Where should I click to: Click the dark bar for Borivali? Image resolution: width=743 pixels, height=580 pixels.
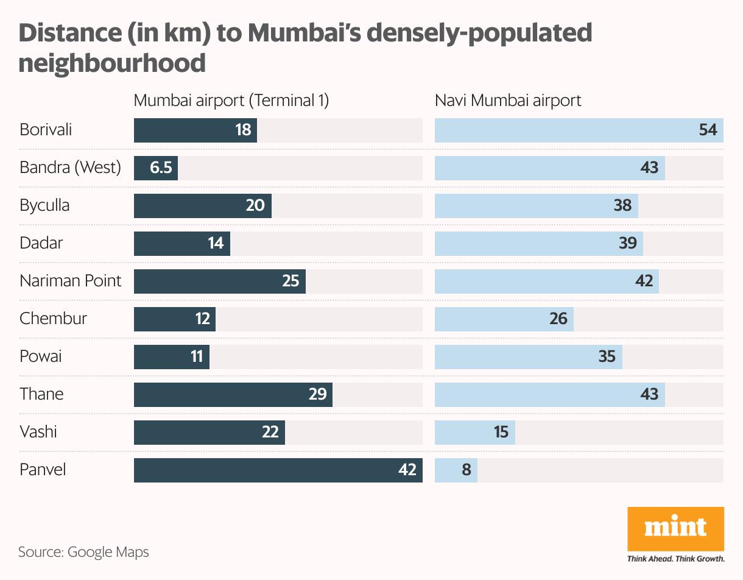tap(195, 130)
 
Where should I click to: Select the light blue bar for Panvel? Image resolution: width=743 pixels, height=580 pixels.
tap(456, 470)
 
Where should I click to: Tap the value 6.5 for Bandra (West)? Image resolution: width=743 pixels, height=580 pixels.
tap(161, 168)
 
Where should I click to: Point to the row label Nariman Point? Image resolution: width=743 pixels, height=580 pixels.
tap(71, 281)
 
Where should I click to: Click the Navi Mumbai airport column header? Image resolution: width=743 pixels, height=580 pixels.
tap(508, 101)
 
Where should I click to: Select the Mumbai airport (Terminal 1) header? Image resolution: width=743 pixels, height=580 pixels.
tap(231, 101)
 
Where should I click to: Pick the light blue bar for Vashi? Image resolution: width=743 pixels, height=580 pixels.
tap(475, 432)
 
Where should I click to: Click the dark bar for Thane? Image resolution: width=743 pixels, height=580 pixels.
tap(233, 394)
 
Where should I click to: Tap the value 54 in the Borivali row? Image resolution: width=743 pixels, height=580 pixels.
tap(708, 130)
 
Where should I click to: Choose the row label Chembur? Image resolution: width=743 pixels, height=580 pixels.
tap(54, 319)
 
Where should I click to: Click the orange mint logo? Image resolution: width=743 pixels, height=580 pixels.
tap(676, 529)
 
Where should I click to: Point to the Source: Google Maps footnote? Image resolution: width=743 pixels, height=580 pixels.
tap(83, 553)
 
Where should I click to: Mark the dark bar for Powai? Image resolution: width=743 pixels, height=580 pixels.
tap(172, 356)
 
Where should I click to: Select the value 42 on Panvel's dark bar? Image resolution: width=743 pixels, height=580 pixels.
tap(407, 470)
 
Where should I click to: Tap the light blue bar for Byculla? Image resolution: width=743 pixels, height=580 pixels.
tap(536, 205)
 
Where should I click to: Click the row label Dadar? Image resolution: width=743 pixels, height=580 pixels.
tap(41, 243)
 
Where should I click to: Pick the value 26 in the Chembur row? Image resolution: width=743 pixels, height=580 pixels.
tap(558, 319)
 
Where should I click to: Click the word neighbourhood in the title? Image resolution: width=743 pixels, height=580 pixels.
tap(112, 63)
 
